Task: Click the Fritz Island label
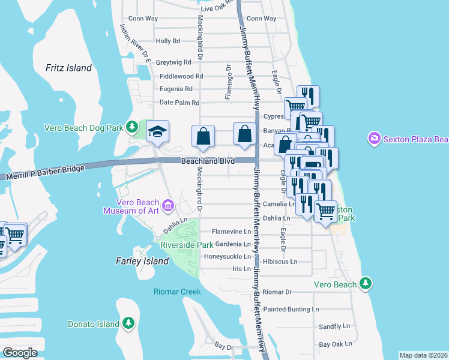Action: [x=68, y=68]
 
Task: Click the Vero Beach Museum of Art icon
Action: [x=168, y=207]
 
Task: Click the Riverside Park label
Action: [x=187, y=245]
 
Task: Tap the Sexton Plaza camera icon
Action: [x=375, y=139]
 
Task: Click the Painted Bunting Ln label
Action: [x=291, y=310]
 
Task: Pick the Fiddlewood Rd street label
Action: [x=181, y=76]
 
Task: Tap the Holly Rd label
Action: [x=167, y=41]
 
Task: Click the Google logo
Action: [x=20, y=353]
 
